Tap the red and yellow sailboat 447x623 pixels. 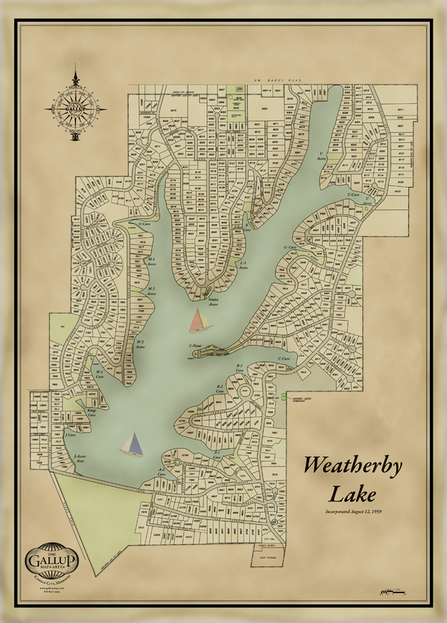pos(199,321)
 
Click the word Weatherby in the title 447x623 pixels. pos(352,467)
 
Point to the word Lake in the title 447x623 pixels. pos(353,493)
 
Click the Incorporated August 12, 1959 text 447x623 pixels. pos(352,513)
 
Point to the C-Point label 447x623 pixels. pos(197,345)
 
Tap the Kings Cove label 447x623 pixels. pos(92,411)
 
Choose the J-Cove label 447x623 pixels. pos(72,433)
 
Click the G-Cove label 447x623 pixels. pos(290,247)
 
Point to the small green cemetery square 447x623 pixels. pos(285,397)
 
